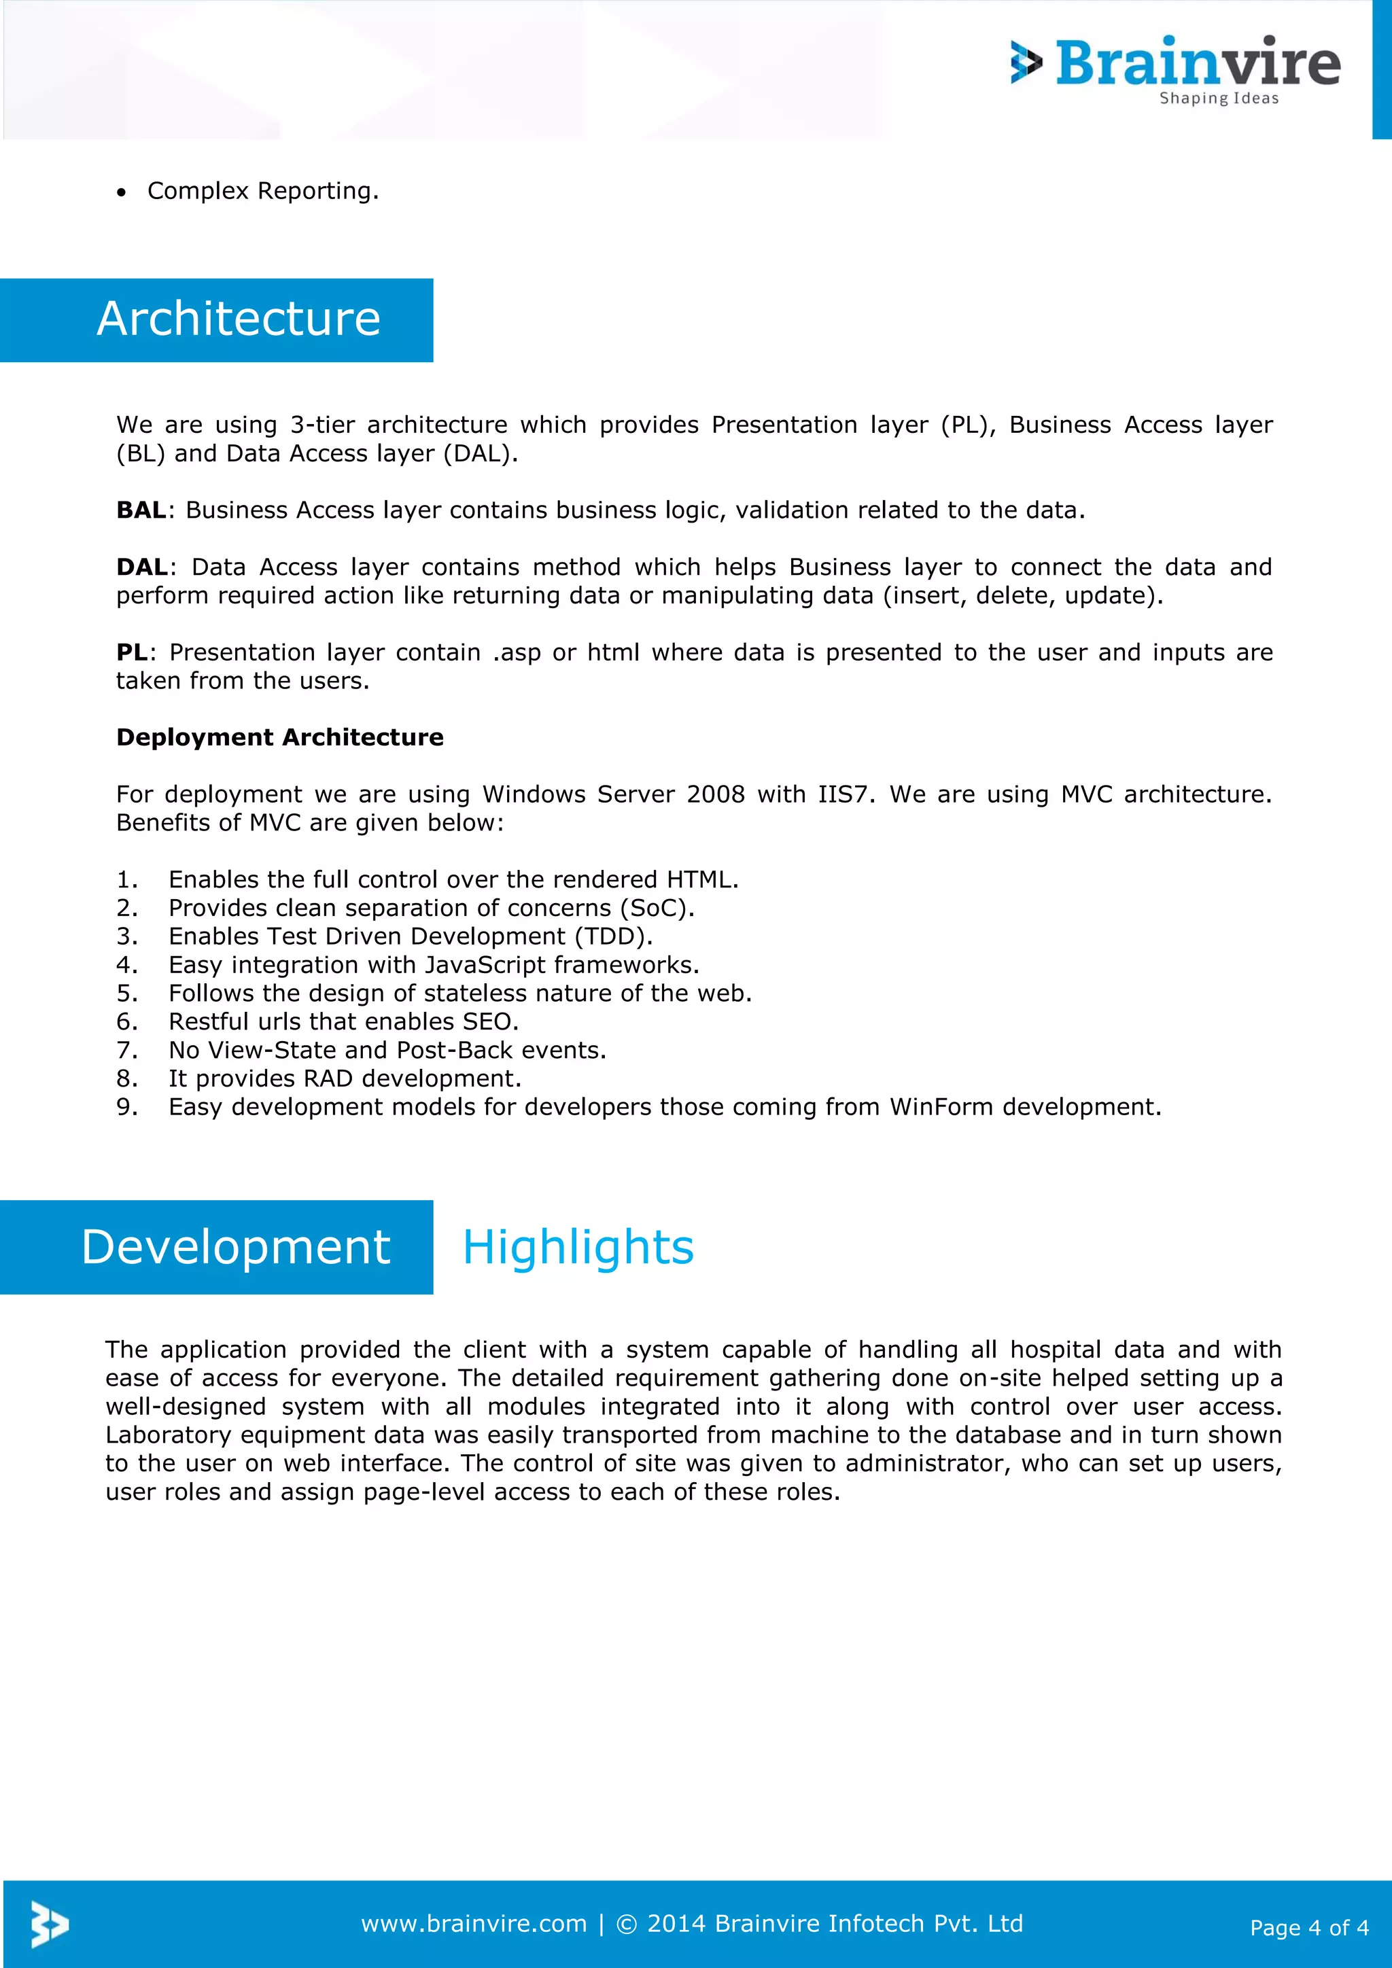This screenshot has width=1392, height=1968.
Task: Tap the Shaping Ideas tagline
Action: pos(1218,99)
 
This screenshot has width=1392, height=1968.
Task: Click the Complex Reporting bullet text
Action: pos(262,190)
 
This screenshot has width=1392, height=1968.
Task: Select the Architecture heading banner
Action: pos(239,319)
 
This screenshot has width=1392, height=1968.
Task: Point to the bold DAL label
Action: pos(141,567)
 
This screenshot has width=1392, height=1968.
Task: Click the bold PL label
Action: pos(131,652)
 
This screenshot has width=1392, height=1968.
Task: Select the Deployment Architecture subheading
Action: pos(279,737)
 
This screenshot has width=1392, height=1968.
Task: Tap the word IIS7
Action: pos(844,794)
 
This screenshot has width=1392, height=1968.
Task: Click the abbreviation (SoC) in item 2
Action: pos(657,908)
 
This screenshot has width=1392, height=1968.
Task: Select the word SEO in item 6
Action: pos(489,1021)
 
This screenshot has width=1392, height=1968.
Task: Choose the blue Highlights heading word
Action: pos(578,1247)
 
